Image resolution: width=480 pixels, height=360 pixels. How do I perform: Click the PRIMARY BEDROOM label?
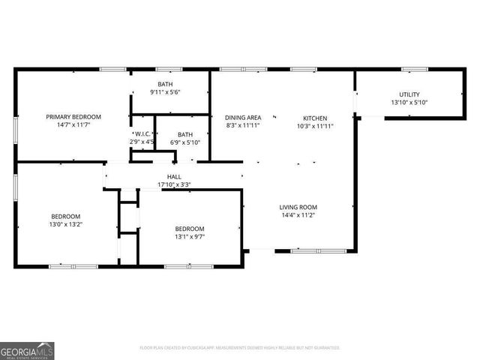(73, 117)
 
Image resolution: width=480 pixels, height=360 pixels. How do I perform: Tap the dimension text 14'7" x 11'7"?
(73, 127)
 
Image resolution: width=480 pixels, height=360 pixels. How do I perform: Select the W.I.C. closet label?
(142, 133)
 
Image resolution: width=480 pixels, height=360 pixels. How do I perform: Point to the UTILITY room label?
(409, 94)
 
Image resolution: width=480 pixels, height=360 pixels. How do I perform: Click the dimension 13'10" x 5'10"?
(409, 103)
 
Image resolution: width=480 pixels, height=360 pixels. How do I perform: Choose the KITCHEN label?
(315, 118)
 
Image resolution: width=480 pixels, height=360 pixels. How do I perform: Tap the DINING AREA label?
(243, 118)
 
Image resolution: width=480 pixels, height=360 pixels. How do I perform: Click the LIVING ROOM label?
(298, 207)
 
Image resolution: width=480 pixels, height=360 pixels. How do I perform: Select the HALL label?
(163, 176)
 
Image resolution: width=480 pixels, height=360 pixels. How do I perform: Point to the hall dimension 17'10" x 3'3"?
(173, 184)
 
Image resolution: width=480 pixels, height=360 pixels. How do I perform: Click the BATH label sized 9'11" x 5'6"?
(165, 84)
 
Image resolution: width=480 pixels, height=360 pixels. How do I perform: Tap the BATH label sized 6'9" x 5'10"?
(185, 133)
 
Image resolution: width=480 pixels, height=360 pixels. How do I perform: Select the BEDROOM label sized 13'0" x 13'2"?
(65, 216)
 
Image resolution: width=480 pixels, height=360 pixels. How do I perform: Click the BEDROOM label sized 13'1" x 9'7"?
(190, 229)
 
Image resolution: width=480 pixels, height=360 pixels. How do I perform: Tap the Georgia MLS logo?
(27, 350)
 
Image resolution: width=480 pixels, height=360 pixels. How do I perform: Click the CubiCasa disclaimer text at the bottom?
(240, 348)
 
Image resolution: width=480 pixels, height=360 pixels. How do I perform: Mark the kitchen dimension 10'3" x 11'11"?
(315, 127)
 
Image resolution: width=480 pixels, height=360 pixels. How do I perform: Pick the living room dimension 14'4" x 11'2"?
(298, 216)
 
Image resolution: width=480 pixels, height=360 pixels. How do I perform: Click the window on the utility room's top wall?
(414, 70)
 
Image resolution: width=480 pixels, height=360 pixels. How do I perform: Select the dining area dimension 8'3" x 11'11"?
(243, 127)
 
